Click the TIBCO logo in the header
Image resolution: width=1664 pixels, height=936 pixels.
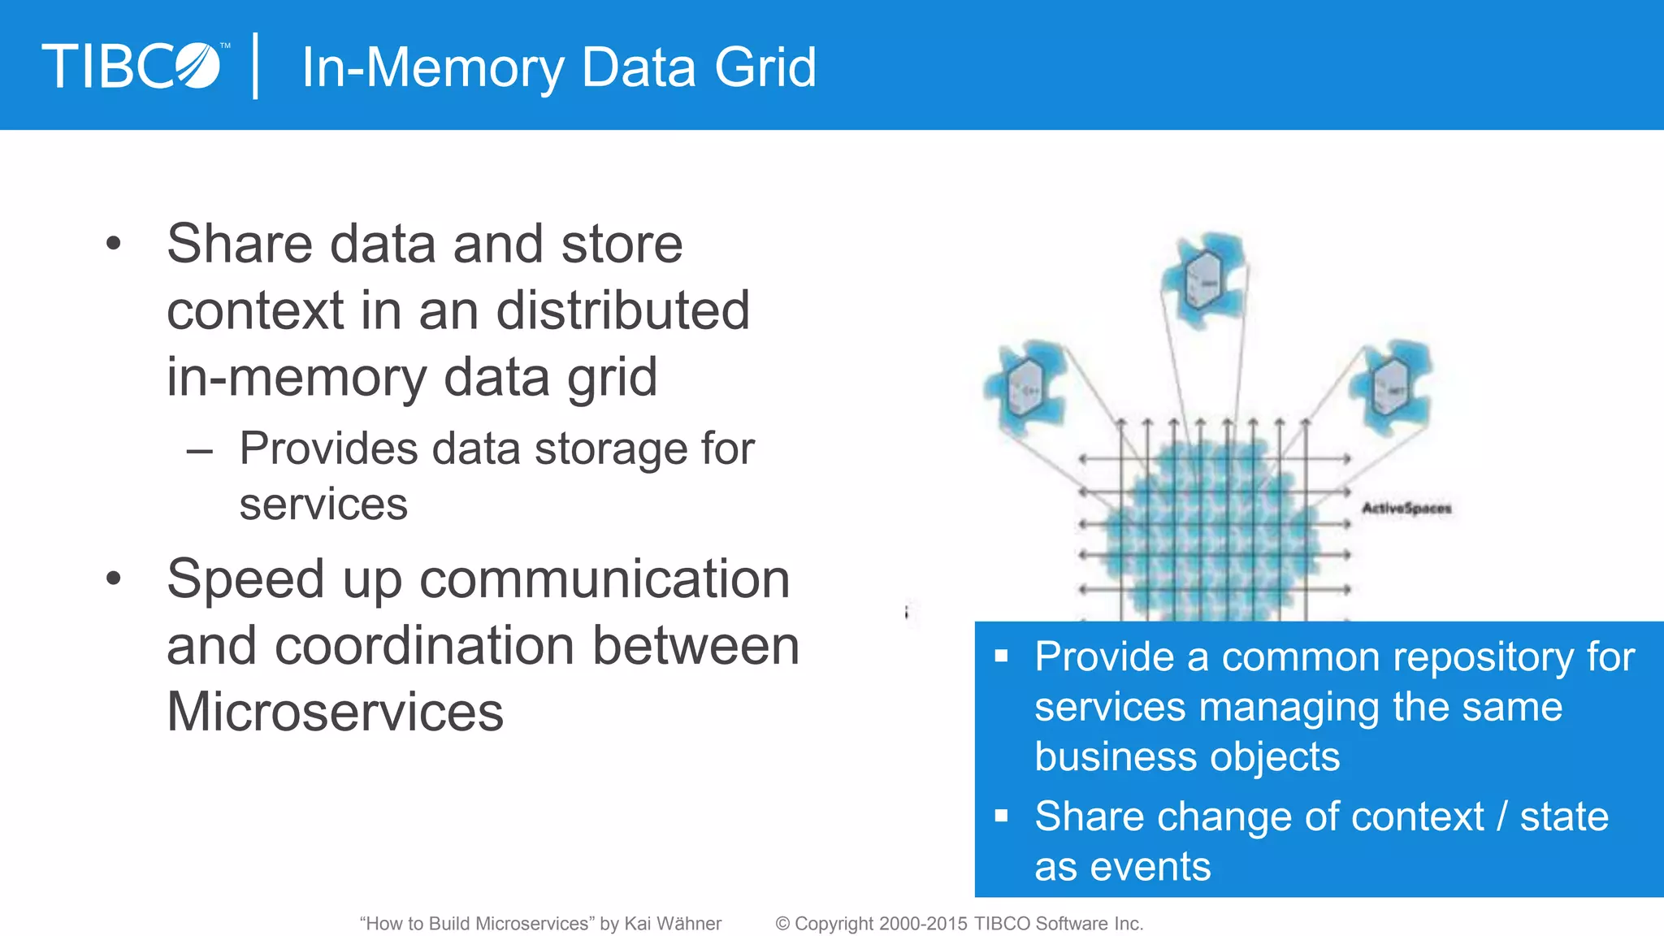pyautogui.click(x=134, y=66)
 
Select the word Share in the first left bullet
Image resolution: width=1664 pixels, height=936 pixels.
pyautogui.click(x=240, y=244)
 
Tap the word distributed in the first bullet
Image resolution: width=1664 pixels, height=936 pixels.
pyautogui.click(x=622, y=310)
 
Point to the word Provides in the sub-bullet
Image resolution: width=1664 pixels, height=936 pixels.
pyautogui.click(x=327, y=448)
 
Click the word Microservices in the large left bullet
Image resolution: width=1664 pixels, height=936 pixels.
pyautogui.click(x=335, y=712)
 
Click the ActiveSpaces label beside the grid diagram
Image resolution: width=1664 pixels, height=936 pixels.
pyautogui.click(x=1406, y=509)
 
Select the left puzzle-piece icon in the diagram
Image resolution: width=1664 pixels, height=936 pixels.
pyautogui.click(x=1025, y=386)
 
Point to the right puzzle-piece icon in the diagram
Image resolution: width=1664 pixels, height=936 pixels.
pyautogui.click(x=1390, y=387)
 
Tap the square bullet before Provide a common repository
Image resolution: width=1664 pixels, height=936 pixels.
pyautogui.click(x=1001, y=656)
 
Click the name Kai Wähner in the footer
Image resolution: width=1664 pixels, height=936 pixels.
pyautogui.click(x=672, y=924)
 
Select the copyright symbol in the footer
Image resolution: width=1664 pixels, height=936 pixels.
pyautogui.click(x=782, y=924)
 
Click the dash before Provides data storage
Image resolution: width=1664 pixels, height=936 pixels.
pyautogui.click(x=200, y=450)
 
